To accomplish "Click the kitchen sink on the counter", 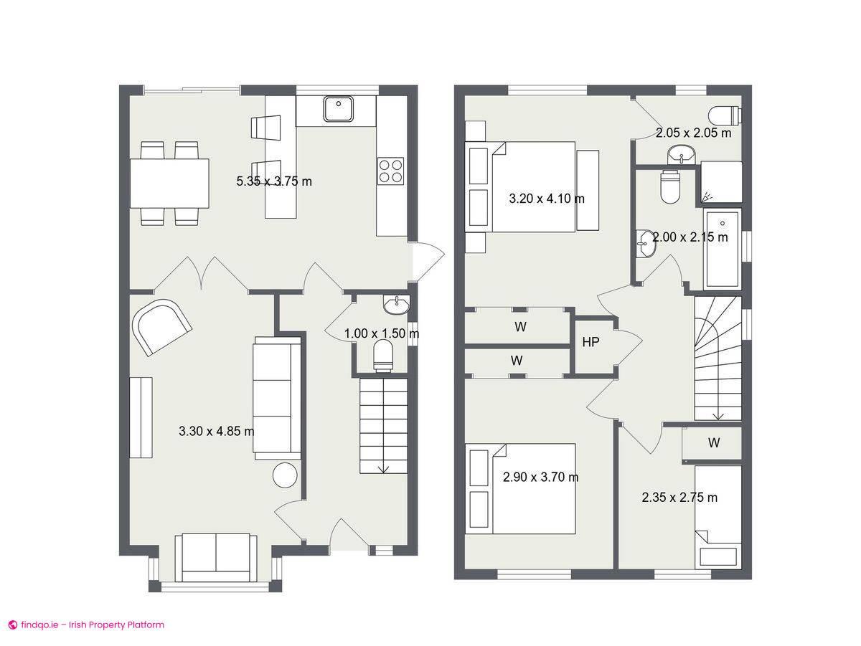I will [337, 109].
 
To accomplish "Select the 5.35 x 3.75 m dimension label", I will [274, 181].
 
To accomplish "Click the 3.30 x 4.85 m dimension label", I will [216, 431].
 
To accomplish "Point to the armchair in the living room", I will [162, 326].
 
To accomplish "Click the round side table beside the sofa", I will [285, 476].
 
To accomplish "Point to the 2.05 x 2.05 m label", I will [693, 133].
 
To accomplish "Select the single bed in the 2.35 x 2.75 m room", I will [717, 516].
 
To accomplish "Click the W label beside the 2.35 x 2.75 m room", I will [713, 443].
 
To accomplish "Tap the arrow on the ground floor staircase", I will [383, 468].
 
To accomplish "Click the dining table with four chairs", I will [169, 183].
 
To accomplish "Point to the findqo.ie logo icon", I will [12, 624].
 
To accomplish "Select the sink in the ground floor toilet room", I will [396, 305].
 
